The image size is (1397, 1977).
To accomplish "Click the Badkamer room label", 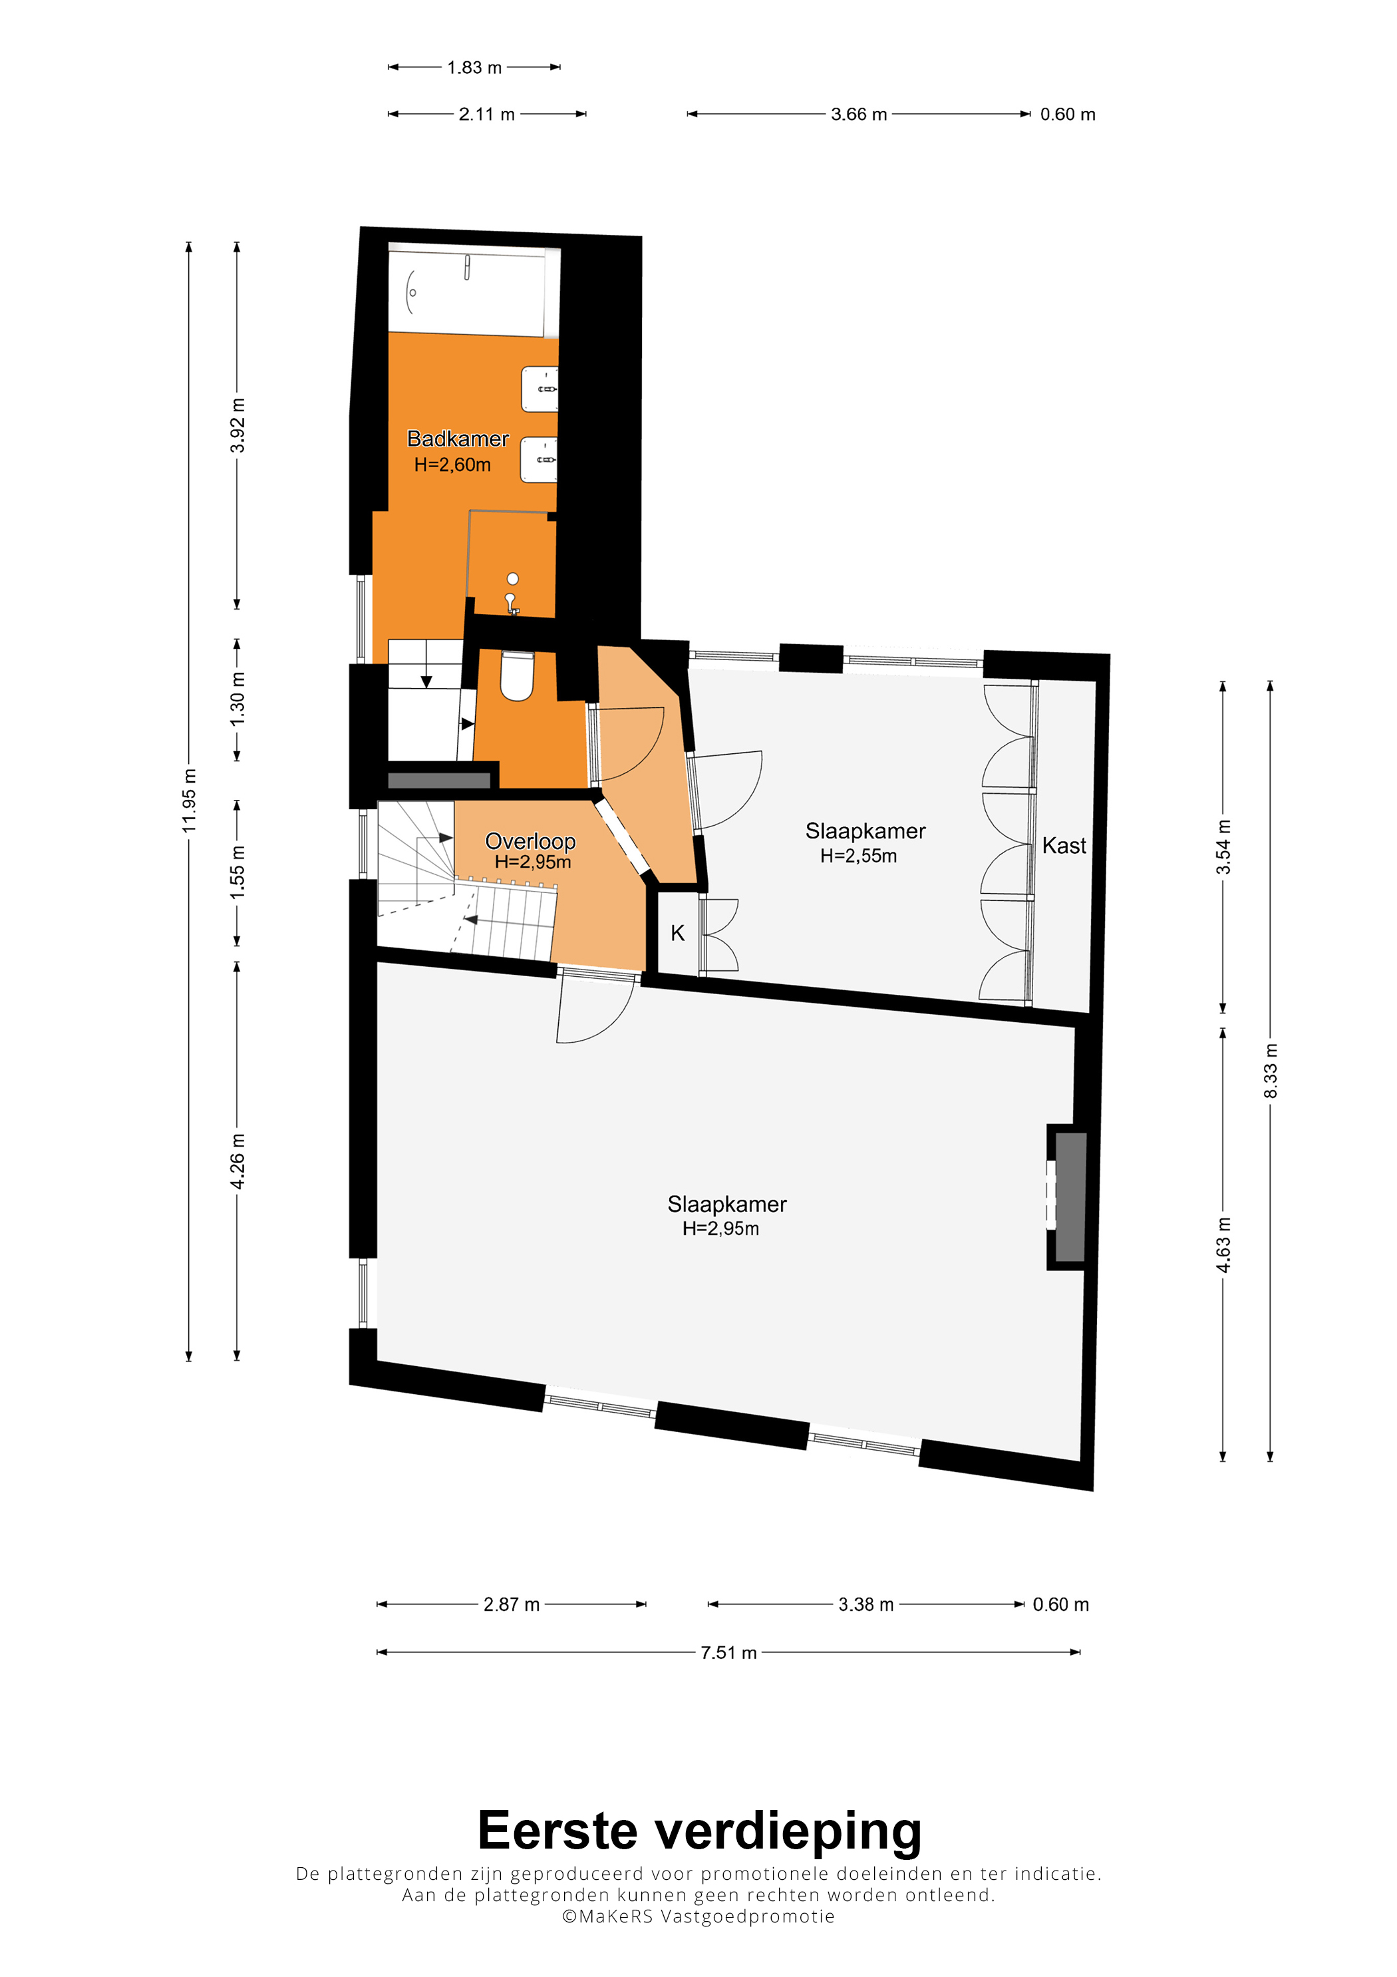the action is tap(458, 439).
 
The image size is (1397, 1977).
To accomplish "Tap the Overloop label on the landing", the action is tap(530, 840).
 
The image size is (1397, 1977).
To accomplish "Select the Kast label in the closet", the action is tap(1064, 846).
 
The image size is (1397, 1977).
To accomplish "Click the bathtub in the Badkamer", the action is tap(474, 292).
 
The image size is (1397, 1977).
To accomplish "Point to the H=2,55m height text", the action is tap(858, 856).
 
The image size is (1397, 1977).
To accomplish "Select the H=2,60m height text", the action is tap(452, 465).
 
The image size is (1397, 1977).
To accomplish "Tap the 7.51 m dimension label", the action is tap(728, 1652).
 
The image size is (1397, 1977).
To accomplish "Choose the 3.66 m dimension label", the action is tap(858, 114).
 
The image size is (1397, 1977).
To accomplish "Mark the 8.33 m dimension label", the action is tap(1271, 1070).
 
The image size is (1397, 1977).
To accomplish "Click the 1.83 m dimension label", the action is tap(474, 67).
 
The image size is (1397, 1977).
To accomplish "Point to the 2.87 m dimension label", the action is tap(512, 1604).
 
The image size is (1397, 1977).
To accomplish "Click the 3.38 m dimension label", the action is tap(866, 1604).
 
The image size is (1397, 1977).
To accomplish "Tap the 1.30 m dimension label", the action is tap(237, 698).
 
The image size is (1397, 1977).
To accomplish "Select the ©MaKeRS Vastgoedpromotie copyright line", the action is tap(698, 1916).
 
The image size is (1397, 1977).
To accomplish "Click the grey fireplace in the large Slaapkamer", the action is tap(1070, 1197).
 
